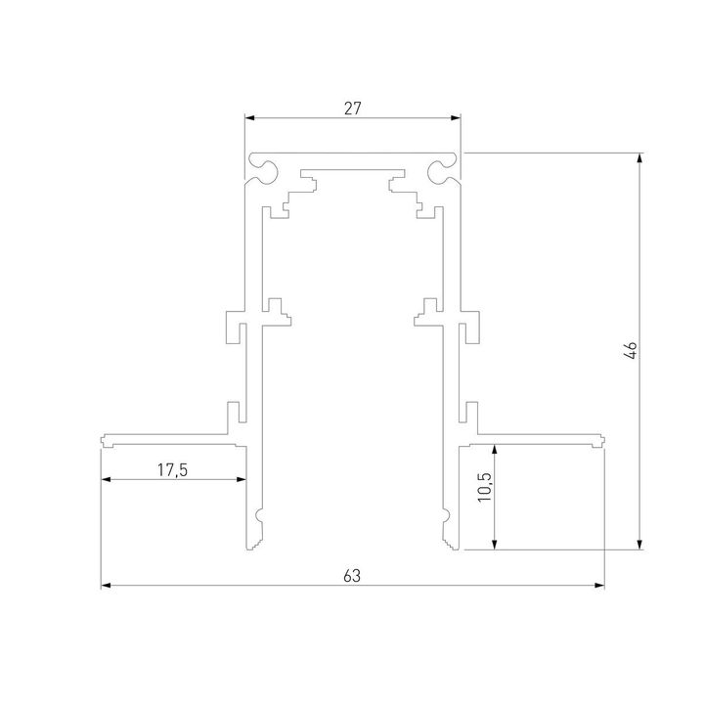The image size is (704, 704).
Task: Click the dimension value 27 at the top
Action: (352, 109)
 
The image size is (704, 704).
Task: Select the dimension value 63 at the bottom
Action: (352, 576)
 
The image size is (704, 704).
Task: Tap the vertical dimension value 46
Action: (631, 351)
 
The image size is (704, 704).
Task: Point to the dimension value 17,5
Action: (172, 470)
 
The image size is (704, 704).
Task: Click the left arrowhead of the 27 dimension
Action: (248, 118)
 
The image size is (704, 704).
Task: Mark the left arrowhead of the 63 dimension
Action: (106, 587)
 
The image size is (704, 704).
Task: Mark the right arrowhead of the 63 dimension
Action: (599, 587)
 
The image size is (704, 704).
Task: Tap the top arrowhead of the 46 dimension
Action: (640, 156)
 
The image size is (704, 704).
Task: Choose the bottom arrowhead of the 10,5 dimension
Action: (498, 546)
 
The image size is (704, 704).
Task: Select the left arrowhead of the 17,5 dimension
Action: (106, 479)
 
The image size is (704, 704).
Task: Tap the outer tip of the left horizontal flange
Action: (104, 439)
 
